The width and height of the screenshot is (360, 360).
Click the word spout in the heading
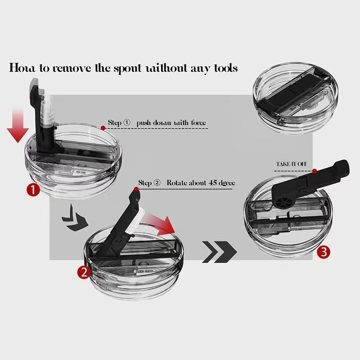[128, 69]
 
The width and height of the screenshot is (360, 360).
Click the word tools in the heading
[226, 68]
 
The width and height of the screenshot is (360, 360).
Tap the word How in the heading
[22, 68]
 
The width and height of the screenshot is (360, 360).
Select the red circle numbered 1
[33, 190]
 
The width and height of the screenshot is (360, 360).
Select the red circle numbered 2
[84, 272]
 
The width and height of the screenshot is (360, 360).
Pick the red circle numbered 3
[324, 252]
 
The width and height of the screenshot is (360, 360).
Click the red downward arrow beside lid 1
[18, 126]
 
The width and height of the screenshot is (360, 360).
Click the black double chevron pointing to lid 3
[220, 252]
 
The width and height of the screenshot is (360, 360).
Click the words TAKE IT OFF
[291, 164]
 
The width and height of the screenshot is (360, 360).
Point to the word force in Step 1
[198, 122]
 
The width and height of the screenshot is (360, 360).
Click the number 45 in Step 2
[213, 183]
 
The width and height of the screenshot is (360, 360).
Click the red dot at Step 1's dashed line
[103, 128]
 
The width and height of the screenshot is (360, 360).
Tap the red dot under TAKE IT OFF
[315, 171]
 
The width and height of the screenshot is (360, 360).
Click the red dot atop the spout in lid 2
[136, 189]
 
